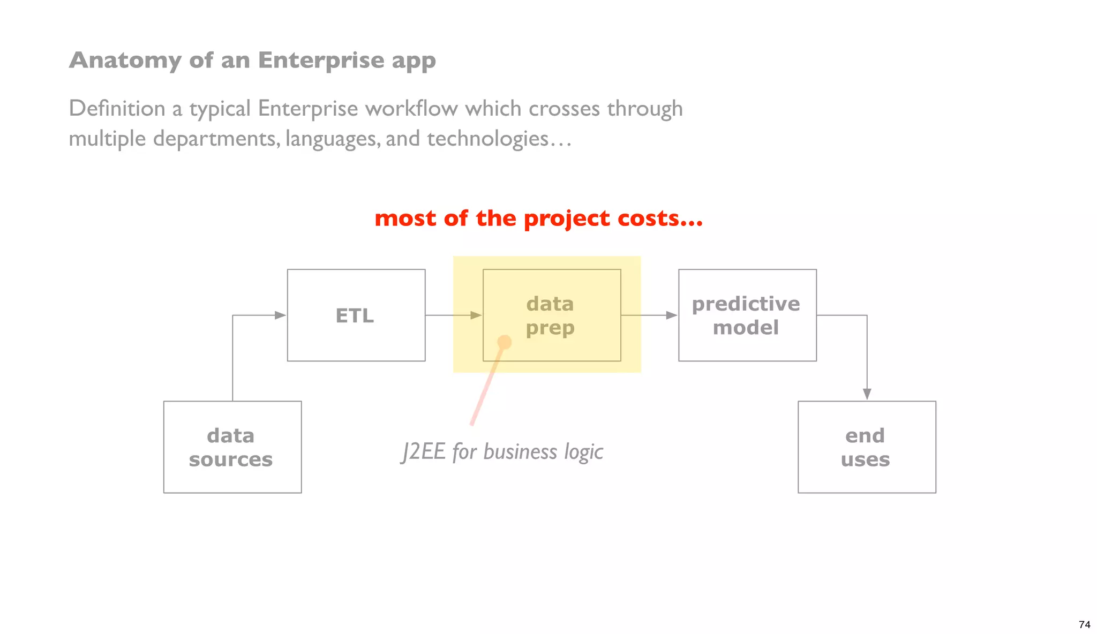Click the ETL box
pyautogui.click(x=356, y=315)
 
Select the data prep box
pyautogui.click(x=552, y=315)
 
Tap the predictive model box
pyautogui.click(x=747, y=315)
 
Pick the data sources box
pyautogui.click(x=232, y=447)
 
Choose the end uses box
pyautogui.click(x=867, y=447)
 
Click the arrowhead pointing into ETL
pyautogui.click(x=280, y=315)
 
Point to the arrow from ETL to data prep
pyautogui.click(x=453, y=315)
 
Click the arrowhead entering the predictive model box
pyautogui.click(x=671, y=315)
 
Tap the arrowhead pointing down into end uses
pyautogui.click(x=867, y=394)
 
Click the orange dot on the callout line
pyautogui.click(x=504, y=342)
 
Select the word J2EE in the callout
pyautogui.click(x=424, y=451)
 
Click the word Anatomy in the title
pyautogui.click(x=125, y=61)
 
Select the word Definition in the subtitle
pyautogui.click(x=117, y=108)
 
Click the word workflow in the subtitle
pyautogui.click(x=411, y=108)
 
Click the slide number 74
pyautogui.click(x=1084, y=624)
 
